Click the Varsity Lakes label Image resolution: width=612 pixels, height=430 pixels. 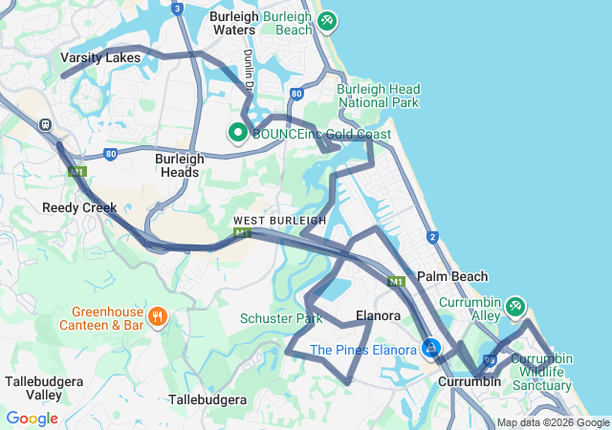(100, 57)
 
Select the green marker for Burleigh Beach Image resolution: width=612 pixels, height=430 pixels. (327, 20)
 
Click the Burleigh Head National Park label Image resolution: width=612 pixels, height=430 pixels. (379, 96)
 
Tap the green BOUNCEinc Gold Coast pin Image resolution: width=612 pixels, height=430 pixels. (237, 133)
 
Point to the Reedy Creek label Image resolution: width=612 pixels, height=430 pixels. (79, 207)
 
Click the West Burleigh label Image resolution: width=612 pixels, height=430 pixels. (280, 221)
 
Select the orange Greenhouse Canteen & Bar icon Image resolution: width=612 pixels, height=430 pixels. (155, 316)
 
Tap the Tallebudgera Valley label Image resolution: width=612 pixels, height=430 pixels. (39, 388)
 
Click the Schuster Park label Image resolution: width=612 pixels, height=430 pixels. (281, 318)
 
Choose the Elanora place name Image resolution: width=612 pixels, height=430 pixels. (377, 314)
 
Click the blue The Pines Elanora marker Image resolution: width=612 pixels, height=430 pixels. (431, 349)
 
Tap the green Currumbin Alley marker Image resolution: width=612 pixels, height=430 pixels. (515, 306)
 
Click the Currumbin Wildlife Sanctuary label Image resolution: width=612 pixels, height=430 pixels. (540, 373)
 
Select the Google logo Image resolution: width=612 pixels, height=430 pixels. (32, 419)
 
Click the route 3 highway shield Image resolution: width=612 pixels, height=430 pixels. (177, 9)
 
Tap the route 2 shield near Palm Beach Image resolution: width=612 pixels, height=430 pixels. (432, 236)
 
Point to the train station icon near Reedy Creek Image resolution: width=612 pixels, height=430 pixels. (45, 124)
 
